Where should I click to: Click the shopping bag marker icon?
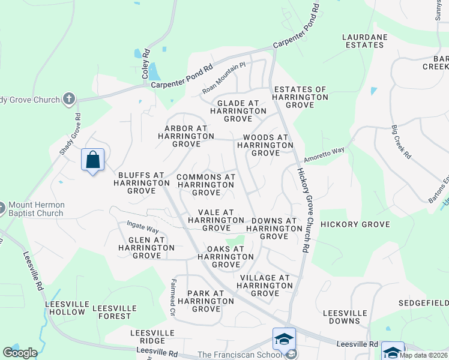coord(92,160)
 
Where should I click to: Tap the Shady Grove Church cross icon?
coord(69,99)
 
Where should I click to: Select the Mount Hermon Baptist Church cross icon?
coord(1,209)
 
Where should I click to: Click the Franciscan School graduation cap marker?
coord(283,340)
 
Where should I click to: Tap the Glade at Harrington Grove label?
coord(238,111)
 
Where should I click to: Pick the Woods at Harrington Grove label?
coord(266,145)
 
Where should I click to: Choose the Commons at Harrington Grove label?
coord(206,185)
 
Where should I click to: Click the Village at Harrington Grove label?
coord(265,286)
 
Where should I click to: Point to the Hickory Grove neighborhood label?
coord(355,224)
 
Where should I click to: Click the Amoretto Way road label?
coord(324,156)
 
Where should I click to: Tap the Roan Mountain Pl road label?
coord(224,79)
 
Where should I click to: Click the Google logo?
coord(20,353)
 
